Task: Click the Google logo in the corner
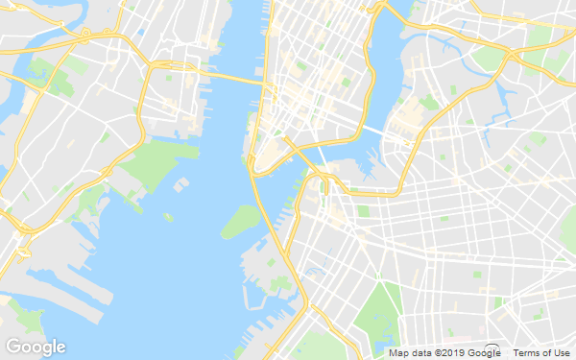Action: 36,347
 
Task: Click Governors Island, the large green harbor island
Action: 241,222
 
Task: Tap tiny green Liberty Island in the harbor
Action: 168,217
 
